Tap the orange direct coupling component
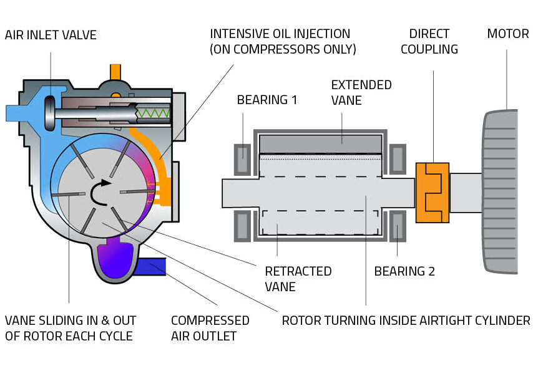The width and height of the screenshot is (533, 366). click(x=432, y=192)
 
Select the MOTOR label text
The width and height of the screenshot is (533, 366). click(x=507, y=34)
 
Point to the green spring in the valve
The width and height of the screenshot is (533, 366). click(x=152, y=113)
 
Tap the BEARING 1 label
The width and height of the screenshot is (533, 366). click(x=267, y=100)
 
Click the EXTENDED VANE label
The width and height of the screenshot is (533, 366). click(x=361, y=92)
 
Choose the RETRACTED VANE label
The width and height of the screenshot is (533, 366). click(x=298, y=279)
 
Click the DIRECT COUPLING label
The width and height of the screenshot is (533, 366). click(x=429, y=41)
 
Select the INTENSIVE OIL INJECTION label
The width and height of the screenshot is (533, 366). click(x=283, y=41)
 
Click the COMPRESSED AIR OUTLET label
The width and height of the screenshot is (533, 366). click(x=210, y=328)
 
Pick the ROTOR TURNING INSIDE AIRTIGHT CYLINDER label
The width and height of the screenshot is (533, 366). click(x=406, y=321)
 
